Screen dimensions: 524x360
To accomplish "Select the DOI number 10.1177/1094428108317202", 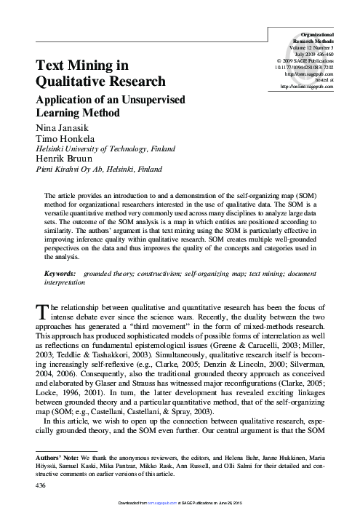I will [x=304, y=67].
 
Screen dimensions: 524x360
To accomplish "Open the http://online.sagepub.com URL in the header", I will [x=307, y=87].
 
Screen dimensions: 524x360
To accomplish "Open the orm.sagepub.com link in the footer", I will [x=167, y=520].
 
